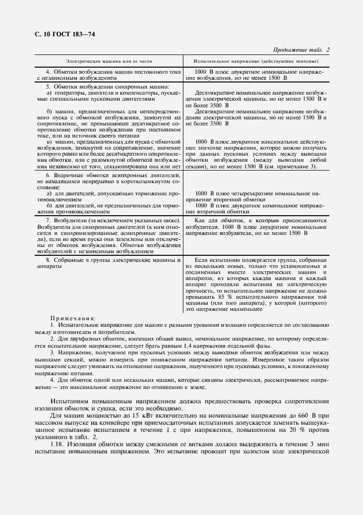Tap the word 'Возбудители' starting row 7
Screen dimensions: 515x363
[x=65, y=220]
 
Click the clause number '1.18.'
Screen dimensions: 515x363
[x=58, y=451]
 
